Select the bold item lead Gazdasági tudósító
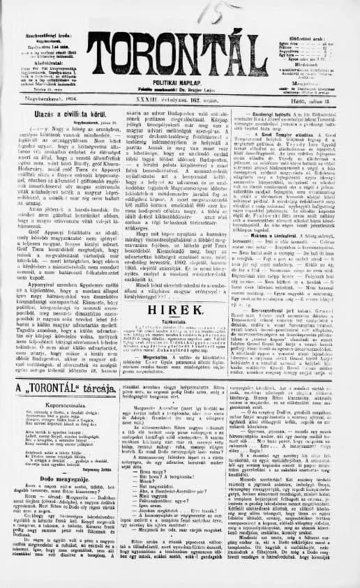pos(271,112)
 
